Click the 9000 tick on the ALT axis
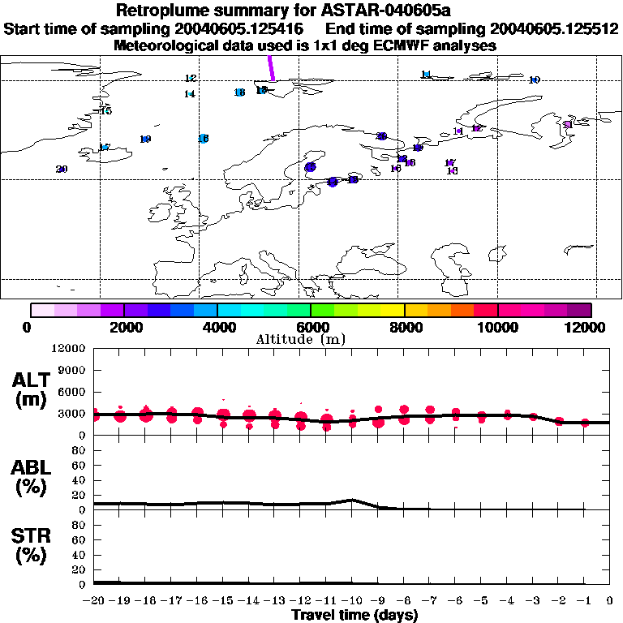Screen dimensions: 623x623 point(73,370)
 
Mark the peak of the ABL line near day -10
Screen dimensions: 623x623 point(352,500)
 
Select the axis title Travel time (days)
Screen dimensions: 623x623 point(354,616)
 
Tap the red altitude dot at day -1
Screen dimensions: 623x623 point(585,423)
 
